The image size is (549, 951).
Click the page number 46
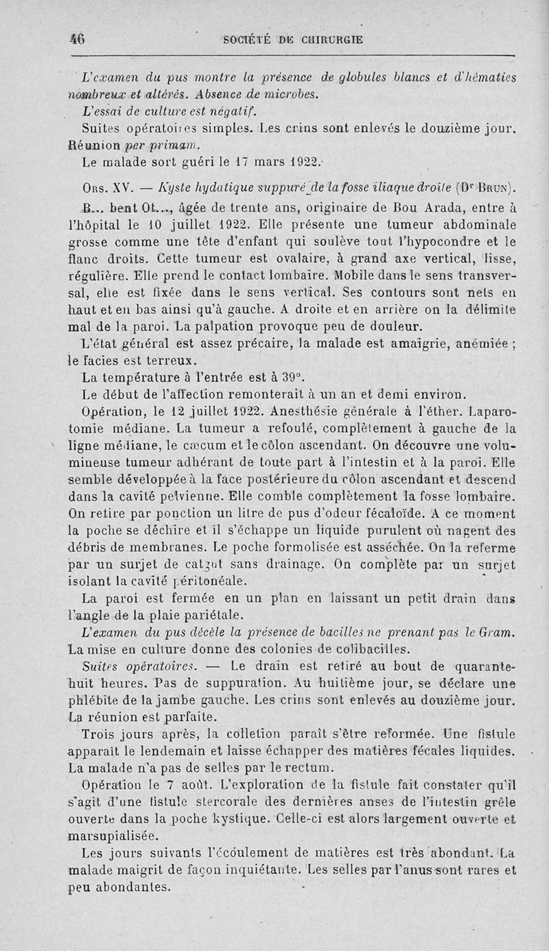coord(76,39)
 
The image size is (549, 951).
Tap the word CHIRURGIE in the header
coord(328,40)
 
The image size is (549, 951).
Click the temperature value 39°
coord(291,377)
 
